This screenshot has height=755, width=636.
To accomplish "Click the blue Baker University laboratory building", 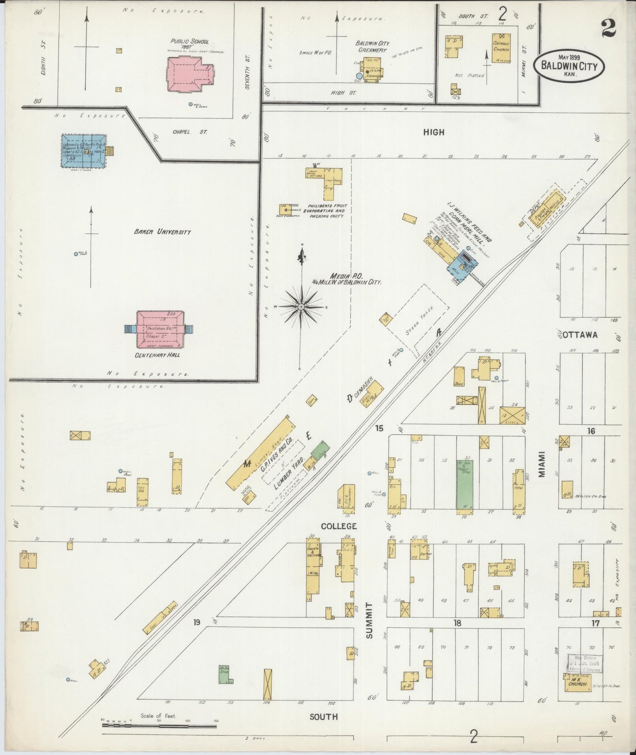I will click(83, 151).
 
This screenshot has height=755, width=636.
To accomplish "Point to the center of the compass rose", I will click(301, 307).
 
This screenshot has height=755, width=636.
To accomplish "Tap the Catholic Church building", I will click(501, 48).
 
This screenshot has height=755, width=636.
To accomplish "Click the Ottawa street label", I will click(580, 335).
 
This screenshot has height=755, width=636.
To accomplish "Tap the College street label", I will click(338, 526).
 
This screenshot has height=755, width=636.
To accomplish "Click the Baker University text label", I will click(162, 232).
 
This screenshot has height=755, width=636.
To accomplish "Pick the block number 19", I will click(196, 622).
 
